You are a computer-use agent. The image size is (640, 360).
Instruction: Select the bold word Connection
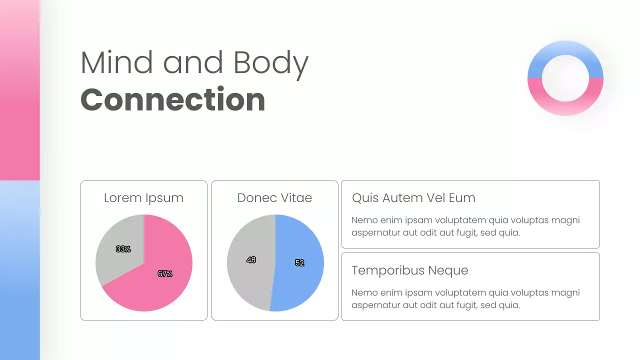pos(172,99)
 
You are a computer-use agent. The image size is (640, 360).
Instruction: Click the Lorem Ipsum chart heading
pos(143,198)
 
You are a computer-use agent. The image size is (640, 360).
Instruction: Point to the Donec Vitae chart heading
pos(274,198)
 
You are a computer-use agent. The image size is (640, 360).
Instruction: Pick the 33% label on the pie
pos(123,249)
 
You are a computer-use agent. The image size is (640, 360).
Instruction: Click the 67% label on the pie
pos(165,273)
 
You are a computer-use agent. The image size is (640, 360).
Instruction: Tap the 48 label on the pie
pos(251,260)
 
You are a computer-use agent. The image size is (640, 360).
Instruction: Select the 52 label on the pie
pos(299,263)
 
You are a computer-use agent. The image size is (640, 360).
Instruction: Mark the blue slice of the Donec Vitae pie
pos(300,240)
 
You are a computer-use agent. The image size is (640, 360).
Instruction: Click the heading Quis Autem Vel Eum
pos(413,198)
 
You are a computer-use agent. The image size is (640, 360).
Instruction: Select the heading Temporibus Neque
pos(409,270)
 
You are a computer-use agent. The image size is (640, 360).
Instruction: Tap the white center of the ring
pos(565,78)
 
